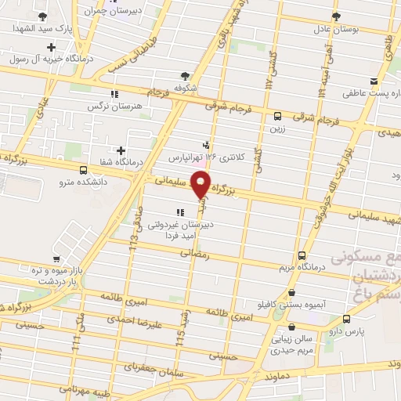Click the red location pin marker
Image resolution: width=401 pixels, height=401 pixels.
coord(201,184)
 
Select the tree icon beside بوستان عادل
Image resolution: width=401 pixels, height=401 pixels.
coord(336,15)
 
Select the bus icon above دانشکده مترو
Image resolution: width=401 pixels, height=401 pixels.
coord(84,169)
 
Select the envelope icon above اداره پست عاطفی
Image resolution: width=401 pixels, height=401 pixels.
coord(374,81)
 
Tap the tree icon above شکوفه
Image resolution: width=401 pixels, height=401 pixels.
coord(185,75)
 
